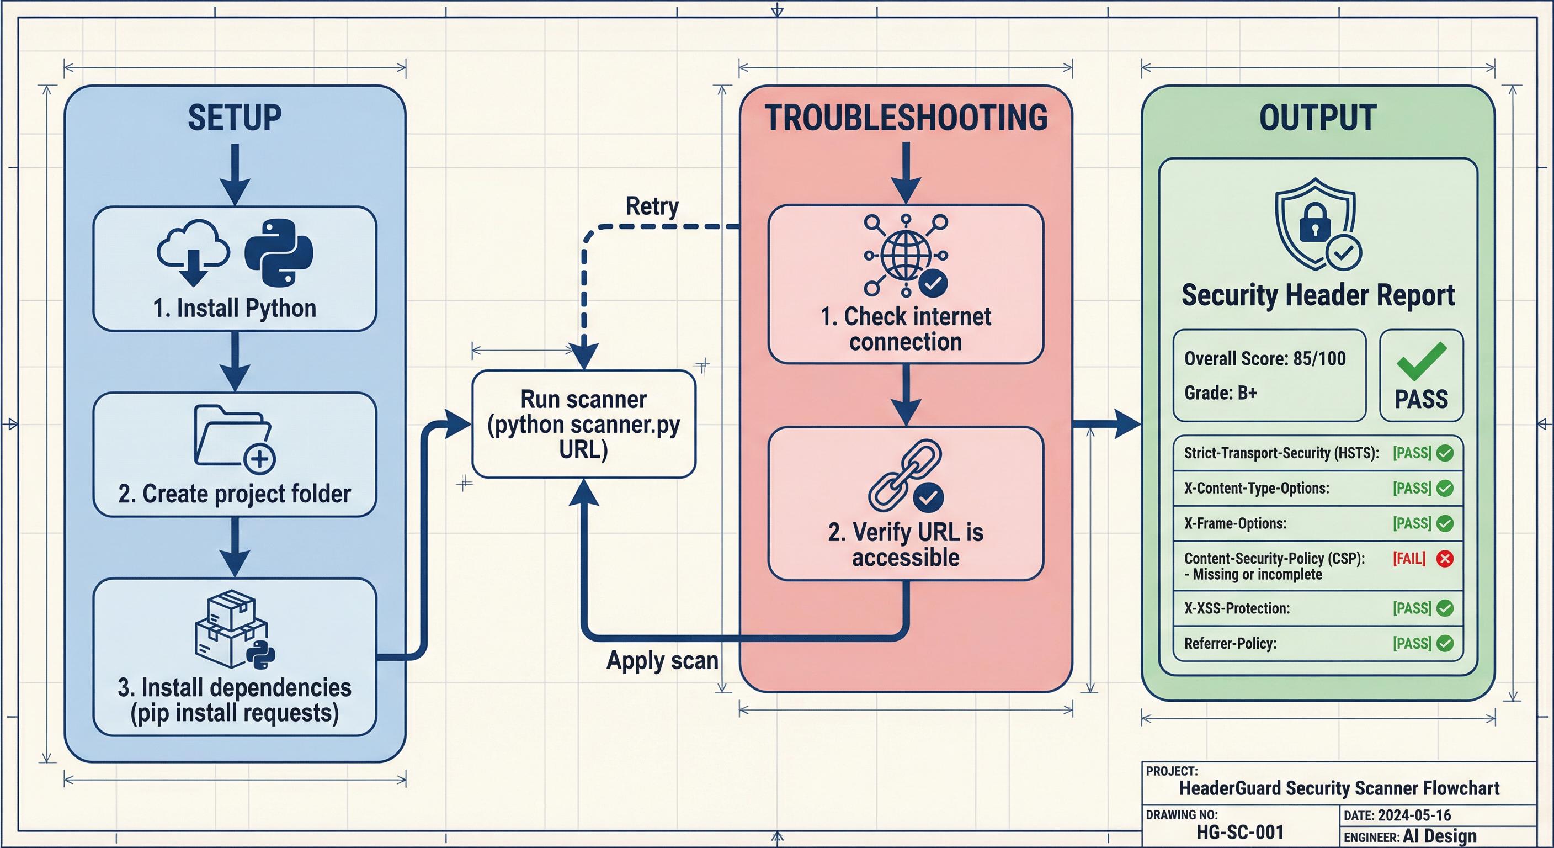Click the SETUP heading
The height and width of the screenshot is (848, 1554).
tap(234, 118)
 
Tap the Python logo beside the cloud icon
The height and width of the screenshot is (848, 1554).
tap(279, 252)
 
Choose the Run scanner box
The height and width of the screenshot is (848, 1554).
tap(583, 425)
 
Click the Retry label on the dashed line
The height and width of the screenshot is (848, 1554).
tap(652, 206)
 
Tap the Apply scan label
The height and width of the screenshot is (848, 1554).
tap(662, 660)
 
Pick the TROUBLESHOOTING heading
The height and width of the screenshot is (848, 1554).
tap(906, 118)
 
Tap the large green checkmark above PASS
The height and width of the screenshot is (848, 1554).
tap(1422, 361)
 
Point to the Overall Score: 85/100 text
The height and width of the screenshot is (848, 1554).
tap(1264, 358)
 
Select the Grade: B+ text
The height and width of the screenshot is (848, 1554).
tap(1220, 393)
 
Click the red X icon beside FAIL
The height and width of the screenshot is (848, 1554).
tap(1445, 558)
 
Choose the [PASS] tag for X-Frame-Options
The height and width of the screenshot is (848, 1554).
tap(1412, 523)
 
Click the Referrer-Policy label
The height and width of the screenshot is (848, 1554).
tap(1230, 643)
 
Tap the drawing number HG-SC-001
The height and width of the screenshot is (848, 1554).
tap(1239, 833)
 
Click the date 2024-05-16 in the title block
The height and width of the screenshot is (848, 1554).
tap(1414, 815)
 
